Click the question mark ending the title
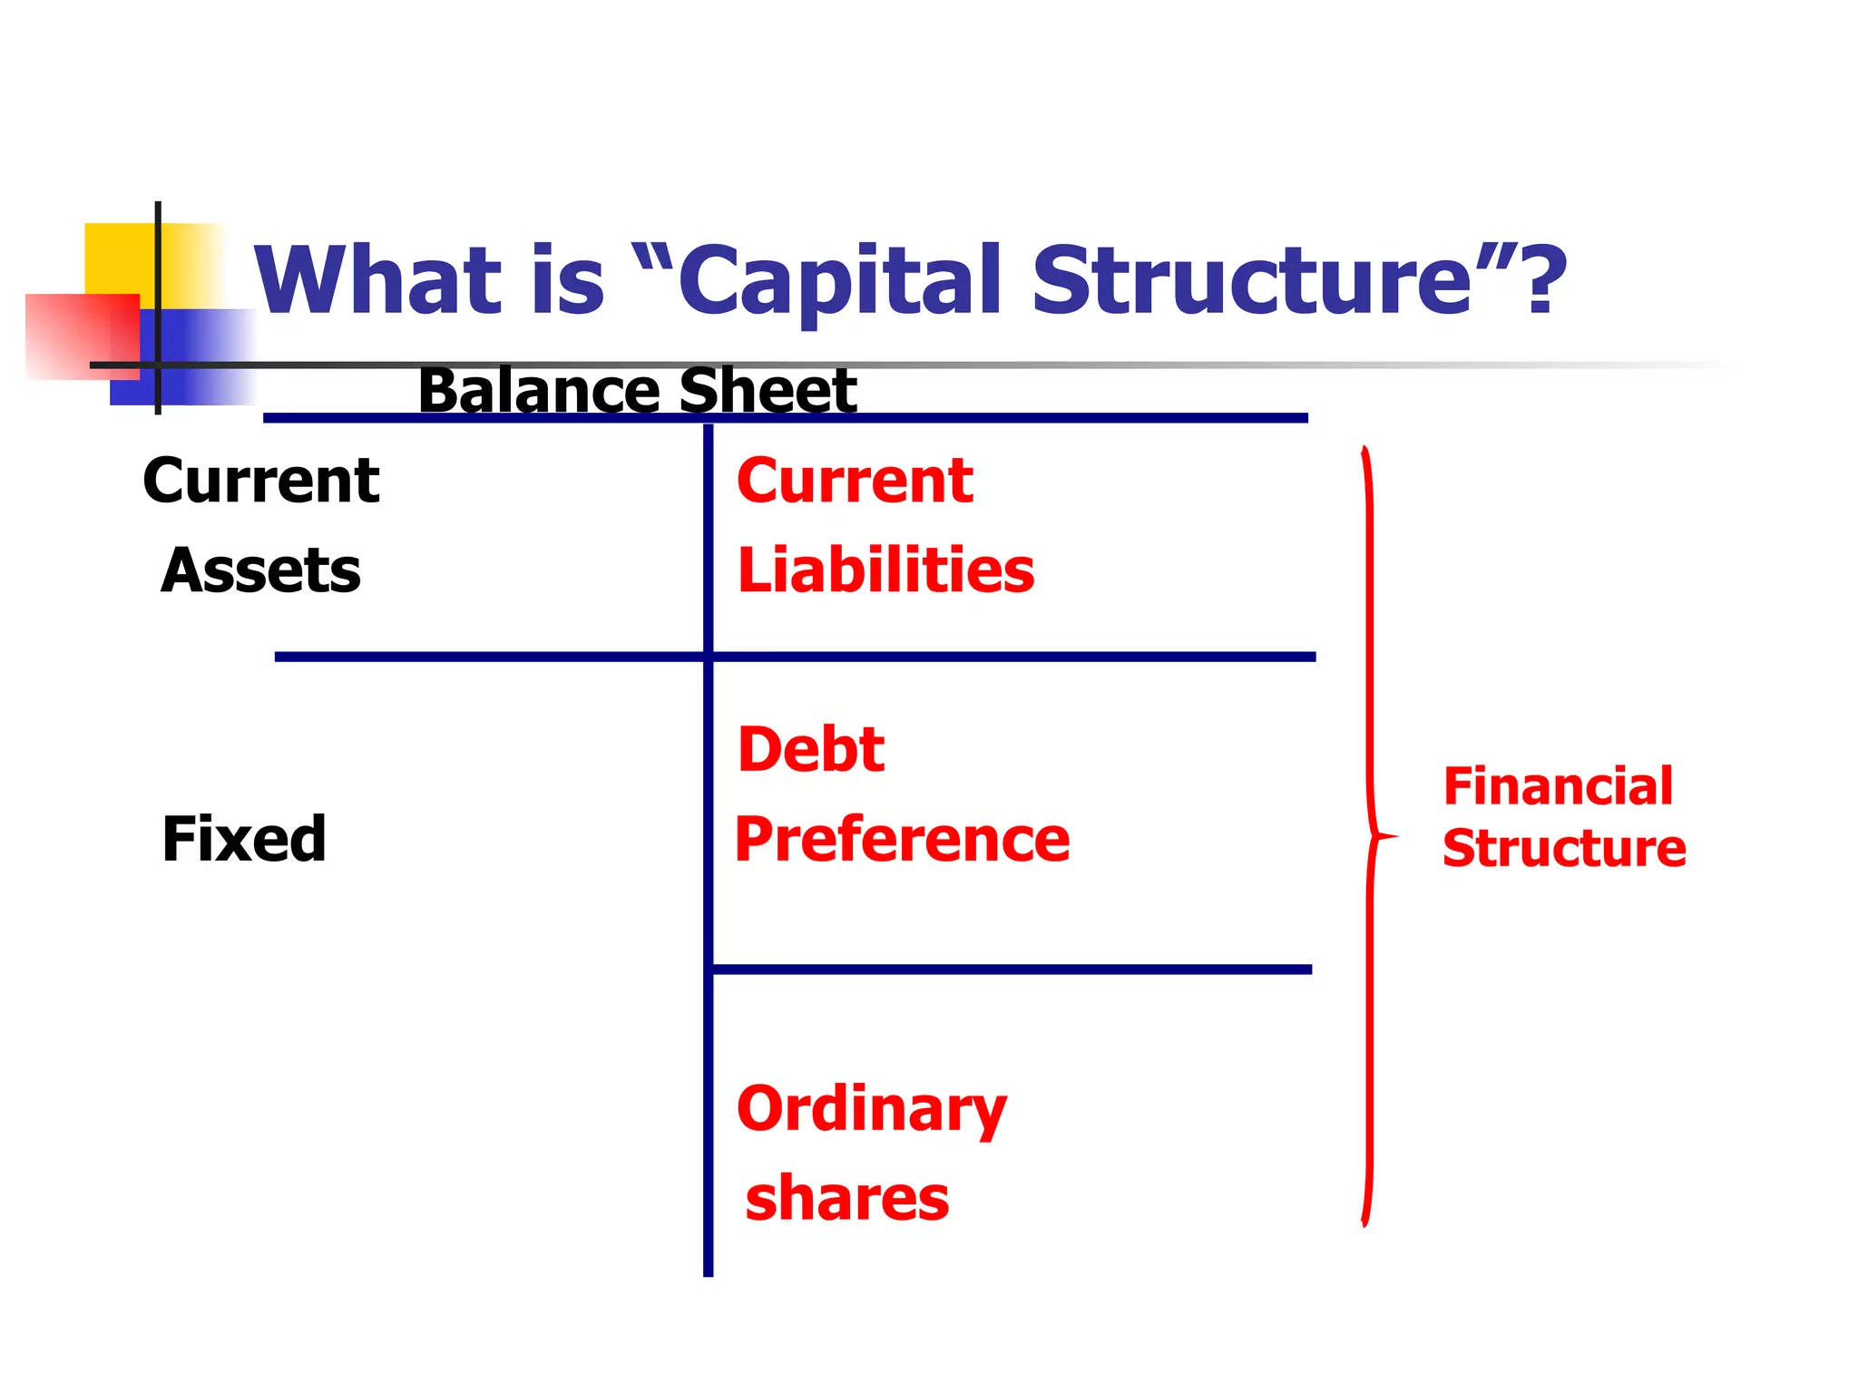point(1545,281)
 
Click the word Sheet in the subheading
point(768,392)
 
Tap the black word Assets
point(261,571)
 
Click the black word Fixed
point(243,839)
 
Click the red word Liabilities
point(885,571)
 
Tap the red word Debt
point(811,750)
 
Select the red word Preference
point(902,840)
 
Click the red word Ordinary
point(872,1108)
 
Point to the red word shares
point(847,1198)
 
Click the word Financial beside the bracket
point(1558,786)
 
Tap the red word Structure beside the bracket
point(1564,849)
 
